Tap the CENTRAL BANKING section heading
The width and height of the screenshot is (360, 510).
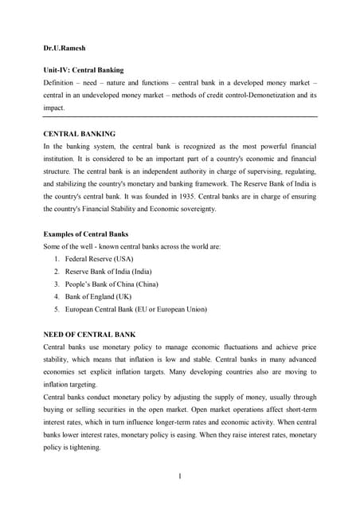click(x=79, y=134)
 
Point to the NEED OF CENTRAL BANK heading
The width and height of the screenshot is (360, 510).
click(x=89, y=335)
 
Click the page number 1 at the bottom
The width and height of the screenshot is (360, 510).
click(x=180, y=476)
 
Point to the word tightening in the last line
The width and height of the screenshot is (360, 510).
click(x=84, y=448)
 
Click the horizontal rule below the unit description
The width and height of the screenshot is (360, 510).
click(x=180, y=117)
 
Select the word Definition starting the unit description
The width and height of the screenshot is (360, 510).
click(x=61, y=83)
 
